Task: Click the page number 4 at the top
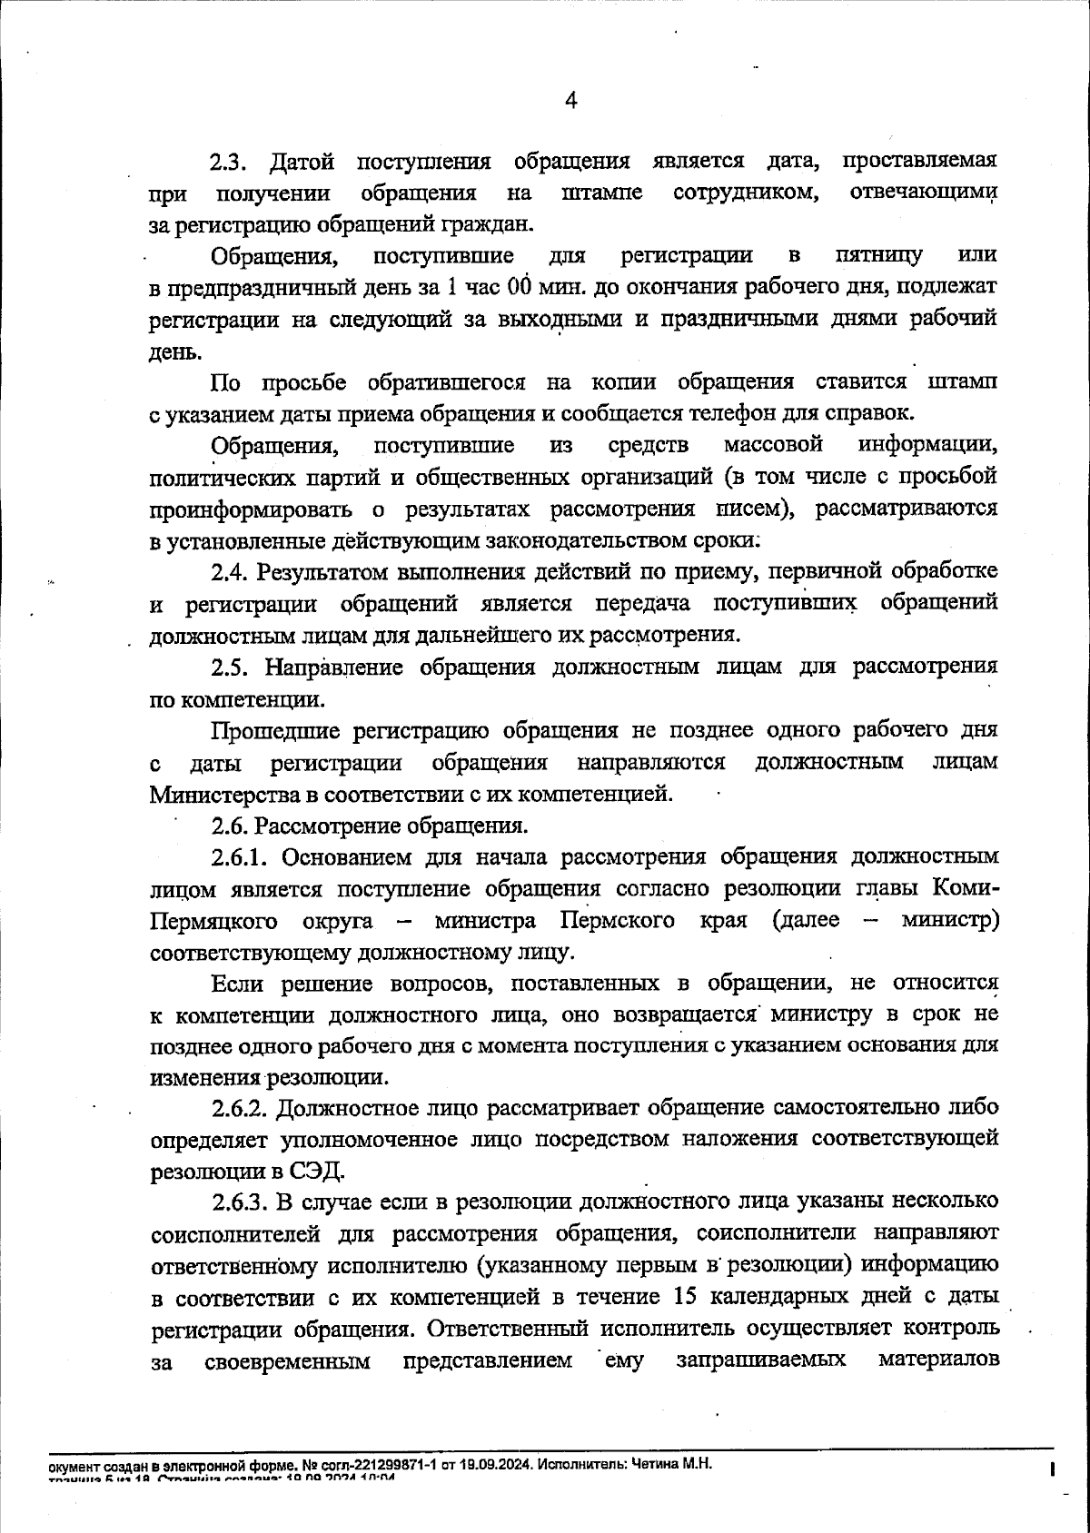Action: pos(571,101)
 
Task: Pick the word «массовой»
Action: pos(774,444)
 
